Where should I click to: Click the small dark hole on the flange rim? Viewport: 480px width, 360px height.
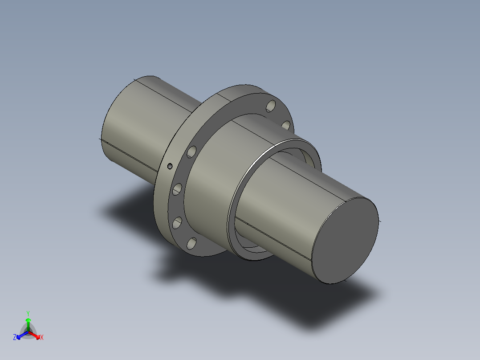coord(170,167)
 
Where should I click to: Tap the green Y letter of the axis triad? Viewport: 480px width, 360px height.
coord(28,313)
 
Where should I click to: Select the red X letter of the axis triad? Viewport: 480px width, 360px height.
coord(42,338)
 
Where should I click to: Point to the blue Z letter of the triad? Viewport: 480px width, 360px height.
coord(15,338)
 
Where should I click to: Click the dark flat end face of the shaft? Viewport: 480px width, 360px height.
coord(345,241)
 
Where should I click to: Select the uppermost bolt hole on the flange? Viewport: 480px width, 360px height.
coord(270,106)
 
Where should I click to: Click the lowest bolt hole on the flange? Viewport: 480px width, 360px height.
coord(191,244)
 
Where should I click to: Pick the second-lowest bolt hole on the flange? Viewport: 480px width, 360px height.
coord(177,222)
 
